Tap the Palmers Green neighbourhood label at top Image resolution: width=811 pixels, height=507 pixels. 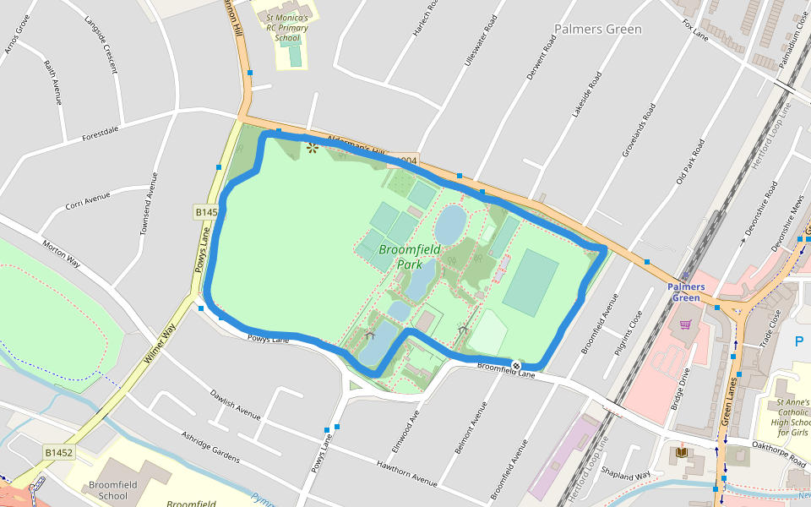[x=597, y=30]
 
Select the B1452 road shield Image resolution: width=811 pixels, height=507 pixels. [x=59, y=453]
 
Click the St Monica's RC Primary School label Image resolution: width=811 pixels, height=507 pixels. [x=287, y=27]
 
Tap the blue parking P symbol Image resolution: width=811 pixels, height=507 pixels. [x=799, y=341]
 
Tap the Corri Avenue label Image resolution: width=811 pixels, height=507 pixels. [x=88, y=202]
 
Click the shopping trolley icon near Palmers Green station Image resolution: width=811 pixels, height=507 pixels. [x=685, y=324]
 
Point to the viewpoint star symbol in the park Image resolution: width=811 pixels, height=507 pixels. [x=312, y=149]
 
